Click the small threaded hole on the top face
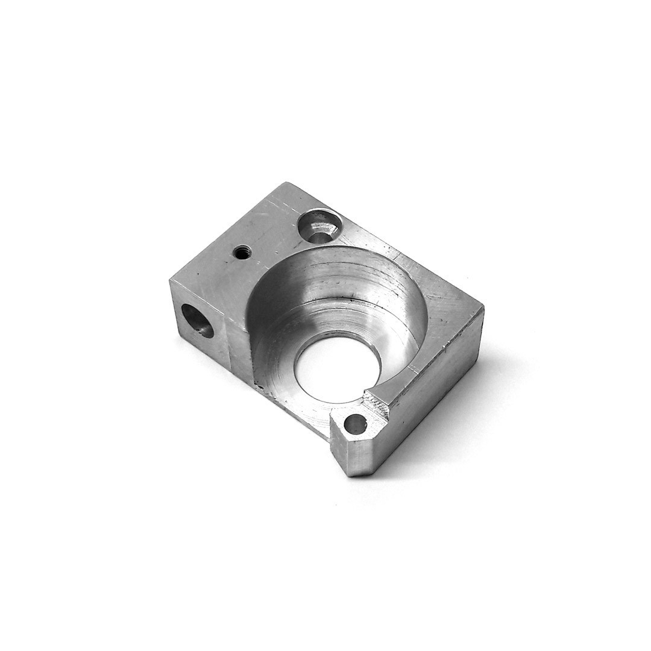tap(242, 252)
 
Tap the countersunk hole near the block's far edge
tap(320, 225)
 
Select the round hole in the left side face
tap(197, 320)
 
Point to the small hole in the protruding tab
tap(356, 424)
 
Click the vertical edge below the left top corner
tap(175, 307)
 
